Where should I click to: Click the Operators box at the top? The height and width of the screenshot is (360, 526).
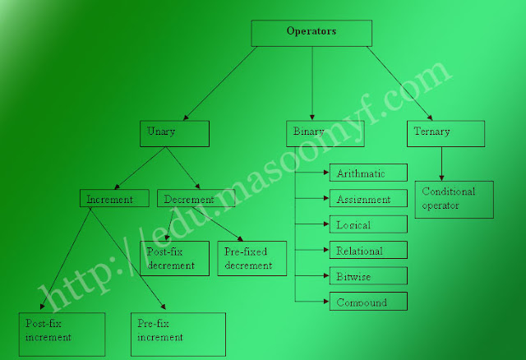pos(311,33)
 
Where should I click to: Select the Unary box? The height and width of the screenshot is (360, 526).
pos(174,133)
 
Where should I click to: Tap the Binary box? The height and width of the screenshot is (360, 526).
pos(311,133)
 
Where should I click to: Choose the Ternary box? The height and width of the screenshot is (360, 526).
pos(445,133)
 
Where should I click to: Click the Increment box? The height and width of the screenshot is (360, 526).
pos(114,198)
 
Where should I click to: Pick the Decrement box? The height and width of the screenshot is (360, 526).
pos(196,198)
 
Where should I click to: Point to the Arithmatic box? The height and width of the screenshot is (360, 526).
pos(368,173)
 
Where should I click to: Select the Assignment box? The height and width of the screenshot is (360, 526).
pos(368,198)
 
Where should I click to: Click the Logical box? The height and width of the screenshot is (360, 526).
pos(368,224)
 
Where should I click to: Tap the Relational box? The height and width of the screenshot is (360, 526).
pos(368,250)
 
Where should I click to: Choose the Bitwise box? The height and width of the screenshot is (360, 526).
pos(368,275)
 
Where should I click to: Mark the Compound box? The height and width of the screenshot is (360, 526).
pos(368,302)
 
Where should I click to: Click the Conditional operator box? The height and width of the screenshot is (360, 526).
pos(454,199)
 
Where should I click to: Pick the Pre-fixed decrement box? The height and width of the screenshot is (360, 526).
pos(252,257)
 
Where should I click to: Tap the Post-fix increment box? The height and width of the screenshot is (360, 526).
pos(62,333)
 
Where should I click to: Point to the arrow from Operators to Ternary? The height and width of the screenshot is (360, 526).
pos(400,83)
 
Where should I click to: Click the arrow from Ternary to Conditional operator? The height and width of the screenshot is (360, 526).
pos(443,164)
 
